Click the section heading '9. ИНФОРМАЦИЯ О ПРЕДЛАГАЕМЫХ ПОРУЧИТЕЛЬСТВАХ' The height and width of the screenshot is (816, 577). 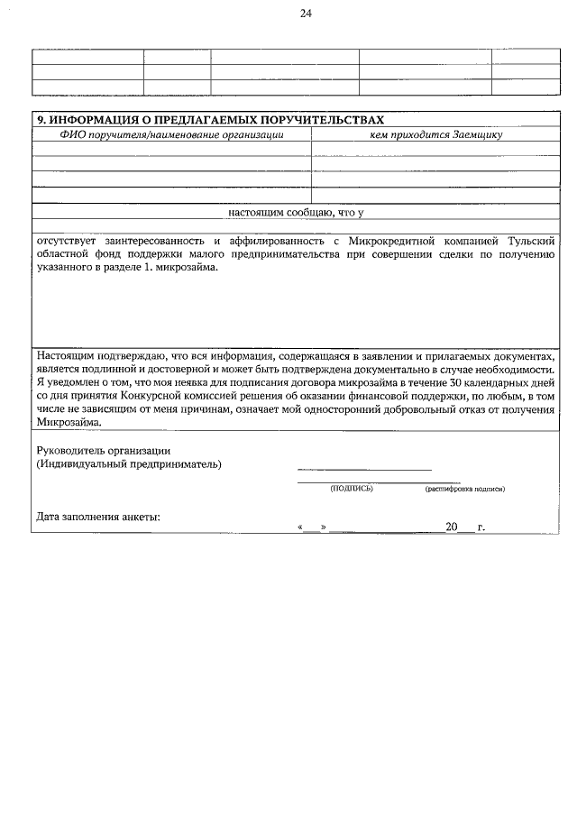coord(209,120)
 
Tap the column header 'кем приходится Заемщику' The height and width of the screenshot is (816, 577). coord(435,134)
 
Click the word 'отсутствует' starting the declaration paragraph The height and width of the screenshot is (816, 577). coord(66,242)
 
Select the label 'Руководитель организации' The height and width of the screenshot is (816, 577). coord(104,450)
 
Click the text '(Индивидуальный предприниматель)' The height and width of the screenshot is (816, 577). coord(129,464)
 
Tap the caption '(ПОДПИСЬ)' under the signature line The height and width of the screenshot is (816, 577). coord(352,488)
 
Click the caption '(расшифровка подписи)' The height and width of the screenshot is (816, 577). coord(464,488)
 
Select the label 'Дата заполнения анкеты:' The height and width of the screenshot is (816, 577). coord(98,518)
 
